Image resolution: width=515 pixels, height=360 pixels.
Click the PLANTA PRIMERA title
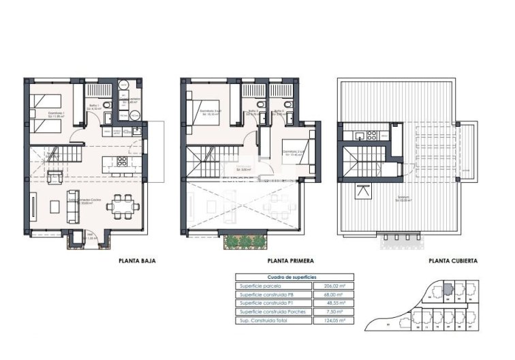pos(287,260)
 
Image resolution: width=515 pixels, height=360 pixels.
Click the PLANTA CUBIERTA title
pos(452,260)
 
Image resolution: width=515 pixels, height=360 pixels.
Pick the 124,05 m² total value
pos(332,320)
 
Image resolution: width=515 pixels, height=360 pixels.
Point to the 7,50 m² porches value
pos(332,312)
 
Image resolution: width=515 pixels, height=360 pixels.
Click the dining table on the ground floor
pos(124,204)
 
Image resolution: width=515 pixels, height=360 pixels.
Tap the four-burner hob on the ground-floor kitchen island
pos(122,162)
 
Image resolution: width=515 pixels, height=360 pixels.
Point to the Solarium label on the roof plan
pos(407,198)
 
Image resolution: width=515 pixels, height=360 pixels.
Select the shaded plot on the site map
pos(447,289)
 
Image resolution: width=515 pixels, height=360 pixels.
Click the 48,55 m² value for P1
pos(332,303)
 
